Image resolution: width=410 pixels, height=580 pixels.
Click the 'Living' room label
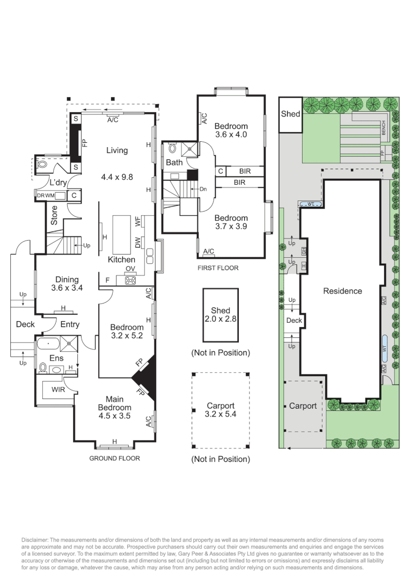point(116,150)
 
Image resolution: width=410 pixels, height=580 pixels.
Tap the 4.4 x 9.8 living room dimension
point(116,176)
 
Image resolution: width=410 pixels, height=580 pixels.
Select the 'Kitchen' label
point(121,259)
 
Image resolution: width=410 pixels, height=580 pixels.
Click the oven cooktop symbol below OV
point(130,279)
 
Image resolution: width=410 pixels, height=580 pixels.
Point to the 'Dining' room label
point(67,279)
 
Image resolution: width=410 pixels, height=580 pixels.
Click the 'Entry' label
point(70,324)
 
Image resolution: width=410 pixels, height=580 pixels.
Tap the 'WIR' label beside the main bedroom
point(58,389)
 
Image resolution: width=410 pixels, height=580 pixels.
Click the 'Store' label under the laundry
point(54,215)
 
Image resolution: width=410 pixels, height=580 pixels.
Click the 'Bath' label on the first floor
point(174,162)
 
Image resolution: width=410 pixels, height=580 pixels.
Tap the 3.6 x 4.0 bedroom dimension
point(231,135)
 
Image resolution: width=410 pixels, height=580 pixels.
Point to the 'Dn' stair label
point(203,189)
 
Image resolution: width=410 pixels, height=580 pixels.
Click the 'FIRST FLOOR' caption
point(218,268)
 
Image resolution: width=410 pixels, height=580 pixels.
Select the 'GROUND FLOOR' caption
point(114,459)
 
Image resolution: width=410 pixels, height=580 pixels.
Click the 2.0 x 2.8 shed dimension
point(221,318)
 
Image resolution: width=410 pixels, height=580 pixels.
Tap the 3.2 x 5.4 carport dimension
point(221,414)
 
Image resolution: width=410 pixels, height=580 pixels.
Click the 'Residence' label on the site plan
point(342,291)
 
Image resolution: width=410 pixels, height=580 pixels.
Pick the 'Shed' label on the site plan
point(290,114)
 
